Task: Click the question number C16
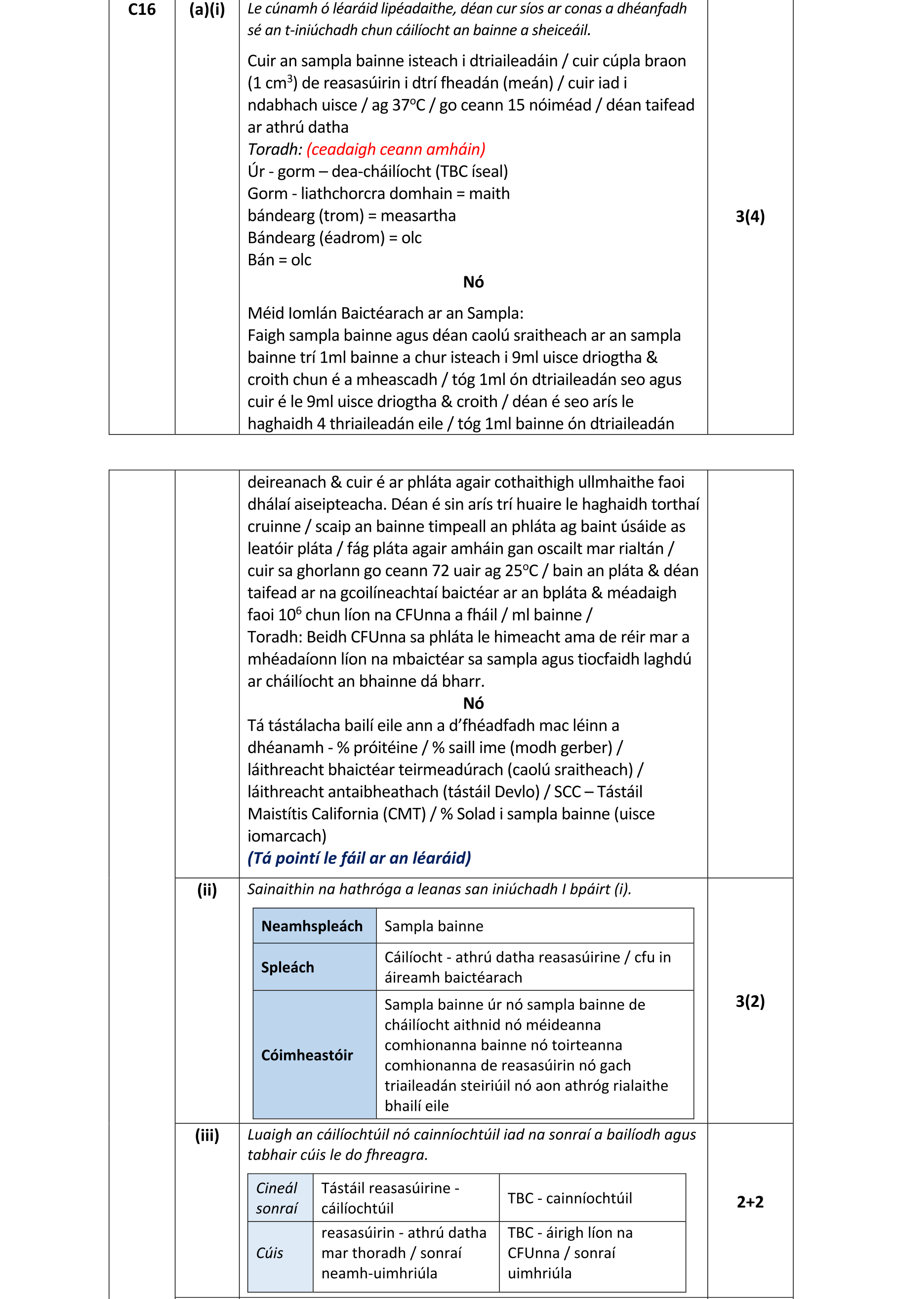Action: click(142, 9)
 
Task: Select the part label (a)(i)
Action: click(206, 9)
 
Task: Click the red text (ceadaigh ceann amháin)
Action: click(396, 149)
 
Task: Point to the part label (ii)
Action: click(206, 890)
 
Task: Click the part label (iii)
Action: click(206, 1135)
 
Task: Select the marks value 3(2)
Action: click(749, 1001)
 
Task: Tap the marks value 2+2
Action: click(749, 1202)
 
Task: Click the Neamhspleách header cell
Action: click(312, 926)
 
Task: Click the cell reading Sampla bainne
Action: click(434, 926)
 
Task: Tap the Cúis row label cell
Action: click(270, 1254)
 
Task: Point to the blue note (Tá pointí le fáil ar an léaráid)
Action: click(359, 858)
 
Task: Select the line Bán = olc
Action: click(279, 260)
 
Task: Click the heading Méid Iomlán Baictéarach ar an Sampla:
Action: click(385, 313)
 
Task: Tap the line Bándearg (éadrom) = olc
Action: click(334, 238)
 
